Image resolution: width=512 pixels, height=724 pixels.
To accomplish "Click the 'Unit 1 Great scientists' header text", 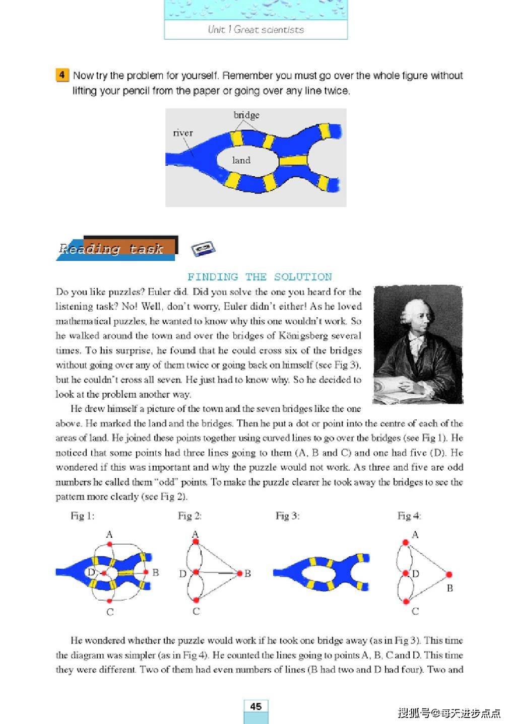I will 255,30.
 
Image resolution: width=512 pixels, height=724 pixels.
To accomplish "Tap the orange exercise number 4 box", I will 61,76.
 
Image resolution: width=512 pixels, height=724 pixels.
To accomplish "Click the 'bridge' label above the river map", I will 246,115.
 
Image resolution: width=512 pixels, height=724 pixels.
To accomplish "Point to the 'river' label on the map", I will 182,133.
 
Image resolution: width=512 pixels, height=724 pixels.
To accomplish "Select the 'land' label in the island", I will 241,160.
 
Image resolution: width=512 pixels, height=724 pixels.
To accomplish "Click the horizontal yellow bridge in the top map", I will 293,161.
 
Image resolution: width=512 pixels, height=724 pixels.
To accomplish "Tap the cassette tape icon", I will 203,248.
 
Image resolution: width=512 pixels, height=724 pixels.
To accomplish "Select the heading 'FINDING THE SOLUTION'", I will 260,277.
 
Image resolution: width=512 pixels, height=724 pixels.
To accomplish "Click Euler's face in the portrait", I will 416,318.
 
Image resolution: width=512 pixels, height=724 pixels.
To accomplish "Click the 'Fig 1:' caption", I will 83,516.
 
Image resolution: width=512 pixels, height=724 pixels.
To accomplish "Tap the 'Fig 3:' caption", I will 287,516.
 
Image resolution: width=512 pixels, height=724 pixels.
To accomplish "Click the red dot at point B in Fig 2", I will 240,573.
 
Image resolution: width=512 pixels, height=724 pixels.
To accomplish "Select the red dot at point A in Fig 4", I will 405,542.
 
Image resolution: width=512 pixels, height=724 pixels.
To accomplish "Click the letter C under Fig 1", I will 110,612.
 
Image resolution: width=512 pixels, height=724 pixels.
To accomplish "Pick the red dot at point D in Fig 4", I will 405,573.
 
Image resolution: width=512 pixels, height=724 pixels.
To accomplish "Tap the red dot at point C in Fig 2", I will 196,600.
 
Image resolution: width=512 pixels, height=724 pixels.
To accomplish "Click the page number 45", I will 255,706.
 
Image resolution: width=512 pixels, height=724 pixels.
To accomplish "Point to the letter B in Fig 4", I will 450,588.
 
